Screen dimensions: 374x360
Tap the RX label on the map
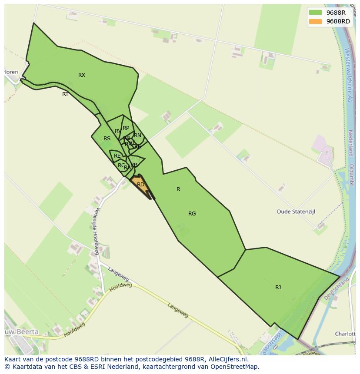tap(82, 75)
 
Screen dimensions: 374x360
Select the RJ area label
tap(278, 288)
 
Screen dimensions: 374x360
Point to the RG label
tap(192, 213)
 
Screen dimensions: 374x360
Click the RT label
tap(65, 94)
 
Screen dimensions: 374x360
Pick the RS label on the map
tap(107, 139)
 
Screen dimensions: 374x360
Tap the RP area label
tap(126, 128)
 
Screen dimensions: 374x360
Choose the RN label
tap(137, 136)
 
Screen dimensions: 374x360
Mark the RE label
tap(117, 156)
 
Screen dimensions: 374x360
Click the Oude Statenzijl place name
tap(296, 212)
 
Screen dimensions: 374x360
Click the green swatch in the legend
tap(315, 12)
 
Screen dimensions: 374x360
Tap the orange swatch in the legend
tap(315, 21)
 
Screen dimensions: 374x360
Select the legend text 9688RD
tap(338, 21)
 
